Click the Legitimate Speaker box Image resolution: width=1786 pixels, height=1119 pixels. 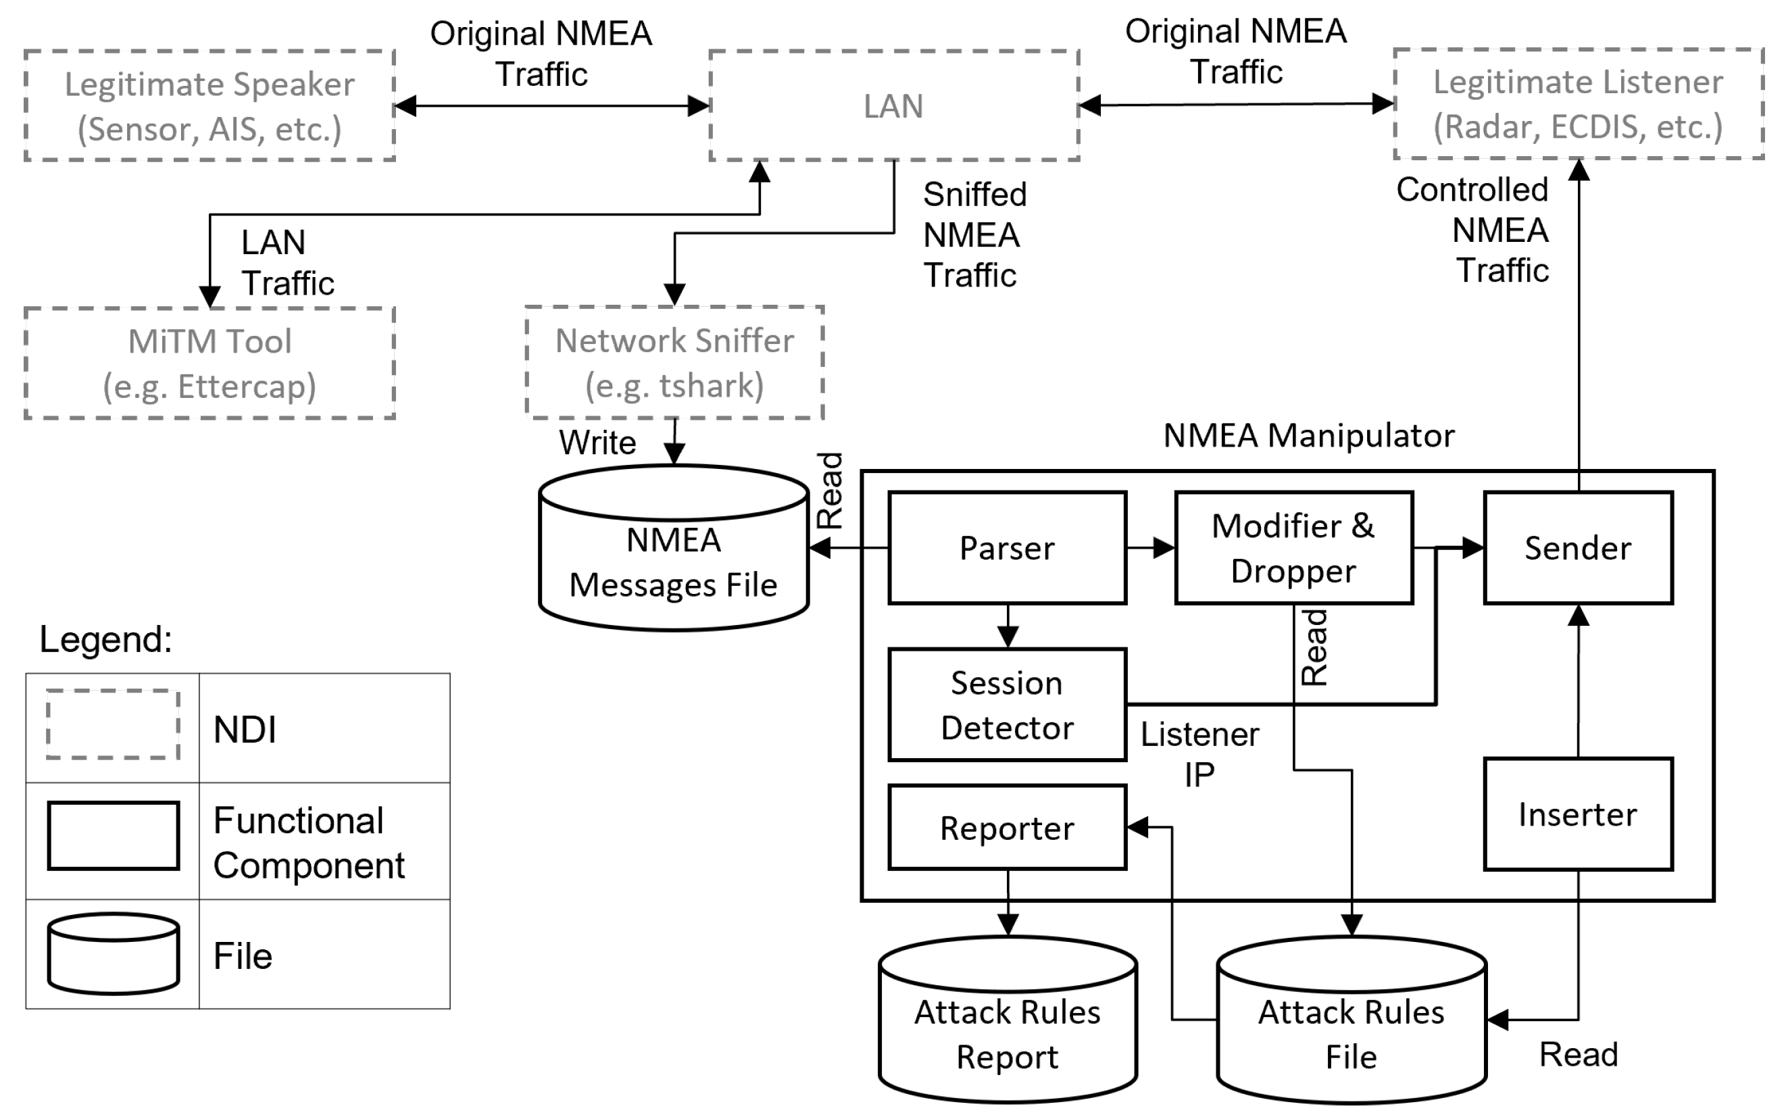click(x=209, y=106)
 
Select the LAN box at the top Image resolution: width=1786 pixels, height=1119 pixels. click(x=893, y=106)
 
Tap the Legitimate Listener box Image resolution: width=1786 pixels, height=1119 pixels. click(x=1578, y=104)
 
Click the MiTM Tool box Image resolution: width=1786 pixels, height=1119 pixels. click(x=209, y=364)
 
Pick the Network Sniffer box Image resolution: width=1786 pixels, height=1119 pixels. click(x=674, y=363)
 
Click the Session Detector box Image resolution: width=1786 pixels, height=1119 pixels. click(x=1008, y=705)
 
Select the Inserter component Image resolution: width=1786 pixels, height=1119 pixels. click(x=1577, y=814)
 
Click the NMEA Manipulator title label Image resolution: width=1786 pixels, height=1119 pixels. click(x=1309, y=436)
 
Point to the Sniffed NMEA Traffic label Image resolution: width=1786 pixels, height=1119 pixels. click(x=974, y=235)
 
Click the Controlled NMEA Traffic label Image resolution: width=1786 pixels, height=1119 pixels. click(x=1473, y=230)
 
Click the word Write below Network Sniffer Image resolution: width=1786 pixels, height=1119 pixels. click(x=597, y=443)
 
